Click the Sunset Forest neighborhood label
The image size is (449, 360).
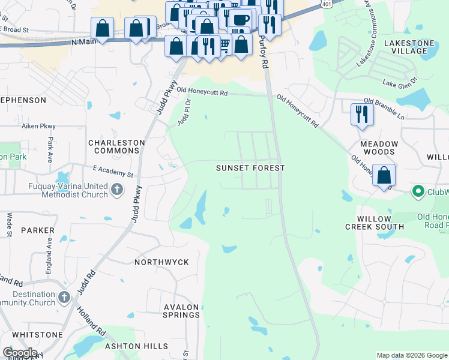click(x=250, y=169)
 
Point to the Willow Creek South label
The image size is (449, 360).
click(x=374, y=223)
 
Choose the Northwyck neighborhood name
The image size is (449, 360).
click(x=161, y=262)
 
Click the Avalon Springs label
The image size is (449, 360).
click(x=181, y=311)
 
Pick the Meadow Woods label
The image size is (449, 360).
click(x=379, y=148)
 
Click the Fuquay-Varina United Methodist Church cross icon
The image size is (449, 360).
click(x=117, y=191)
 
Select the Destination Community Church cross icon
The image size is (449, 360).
click(x=65, y=298)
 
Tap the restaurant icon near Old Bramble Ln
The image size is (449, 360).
click(x=361, y=113)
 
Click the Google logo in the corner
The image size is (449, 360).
click(x=19, y=352)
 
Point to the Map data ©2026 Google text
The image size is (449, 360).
click(x=412, y=355)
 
